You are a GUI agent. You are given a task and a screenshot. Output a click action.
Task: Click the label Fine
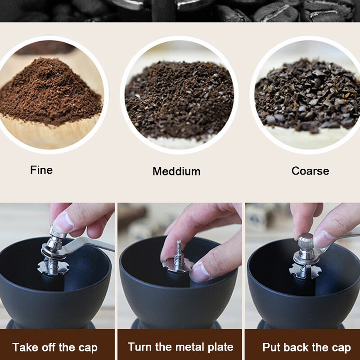[41, 170]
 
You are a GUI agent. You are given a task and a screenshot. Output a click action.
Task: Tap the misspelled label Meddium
[176, 171]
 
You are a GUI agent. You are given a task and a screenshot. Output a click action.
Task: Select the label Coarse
[310, 171]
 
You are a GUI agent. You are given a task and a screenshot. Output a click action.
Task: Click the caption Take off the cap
[55, 347]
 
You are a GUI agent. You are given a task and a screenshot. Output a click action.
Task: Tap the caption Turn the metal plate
[180, 347]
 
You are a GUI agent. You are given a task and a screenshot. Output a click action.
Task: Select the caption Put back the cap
[306, 347]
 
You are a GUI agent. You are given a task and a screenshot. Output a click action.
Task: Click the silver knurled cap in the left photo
[58, 234]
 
